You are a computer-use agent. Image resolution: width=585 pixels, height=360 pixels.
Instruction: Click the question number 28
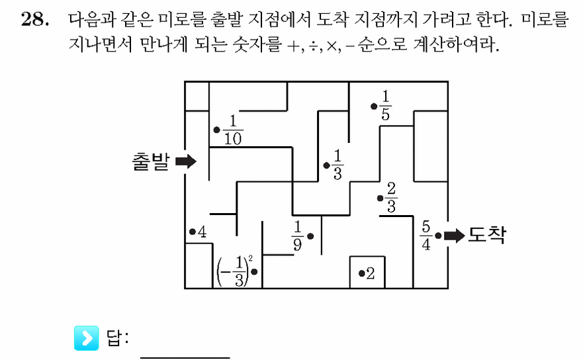(34, 19)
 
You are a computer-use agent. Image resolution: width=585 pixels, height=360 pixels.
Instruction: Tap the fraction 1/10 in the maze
(233, 130)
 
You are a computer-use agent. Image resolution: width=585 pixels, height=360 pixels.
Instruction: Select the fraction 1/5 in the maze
(385, 106)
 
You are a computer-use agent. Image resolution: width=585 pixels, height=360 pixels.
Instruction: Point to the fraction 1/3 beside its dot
(337, 165)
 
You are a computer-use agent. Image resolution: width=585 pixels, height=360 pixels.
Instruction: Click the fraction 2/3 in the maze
(391, 198)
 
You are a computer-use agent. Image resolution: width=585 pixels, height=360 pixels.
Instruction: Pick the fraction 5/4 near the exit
(426, 235)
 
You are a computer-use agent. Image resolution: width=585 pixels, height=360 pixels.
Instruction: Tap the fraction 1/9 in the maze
(297, 236)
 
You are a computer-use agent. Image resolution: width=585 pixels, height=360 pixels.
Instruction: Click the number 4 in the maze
(202, 232)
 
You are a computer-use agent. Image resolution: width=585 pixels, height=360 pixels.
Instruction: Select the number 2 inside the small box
(370, 273)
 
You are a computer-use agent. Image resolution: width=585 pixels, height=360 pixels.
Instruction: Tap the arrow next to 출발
(185, 161)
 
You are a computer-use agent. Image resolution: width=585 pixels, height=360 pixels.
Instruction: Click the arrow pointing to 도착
(454, 236)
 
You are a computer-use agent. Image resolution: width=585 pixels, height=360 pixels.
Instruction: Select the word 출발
(151, 161)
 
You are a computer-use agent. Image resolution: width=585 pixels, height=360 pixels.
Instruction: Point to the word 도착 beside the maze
(487, 235)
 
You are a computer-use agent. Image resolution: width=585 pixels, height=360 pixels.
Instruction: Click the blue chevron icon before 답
(87, 338)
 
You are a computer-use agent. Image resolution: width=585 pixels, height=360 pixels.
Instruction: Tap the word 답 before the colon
(113, 338)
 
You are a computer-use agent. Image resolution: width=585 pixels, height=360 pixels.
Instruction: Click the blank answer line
(185, 357)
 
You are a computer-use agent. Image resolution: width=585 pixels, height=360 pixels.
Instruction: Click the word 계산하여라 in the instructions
(455, 44)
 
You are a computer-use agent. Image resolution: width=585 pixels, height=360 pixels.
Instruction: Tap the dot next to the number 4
(193, 232)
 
